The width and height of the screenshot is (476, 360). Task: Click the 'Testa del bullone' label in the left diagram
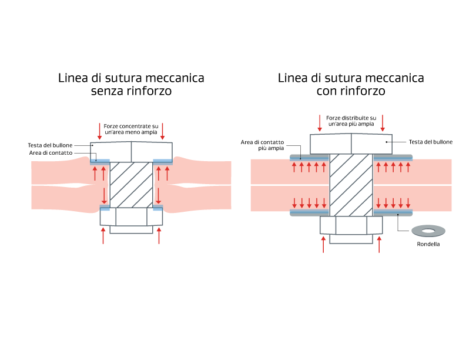[50, 145]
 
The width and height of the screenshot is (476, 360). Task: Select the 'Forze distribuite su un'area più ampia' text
[351, 121]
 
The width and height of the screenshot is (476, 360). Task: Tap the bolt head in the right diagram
[351, 143]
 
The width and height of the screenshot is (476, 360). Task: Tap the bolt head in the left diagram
[131, 152]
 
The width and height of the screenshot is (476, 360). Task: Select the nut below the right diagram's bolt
[351, 225]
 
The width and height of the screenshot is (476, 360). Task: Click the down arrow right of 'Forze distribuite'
[383, 122]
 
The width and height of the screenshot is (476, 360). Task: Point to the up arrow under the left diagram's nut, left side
[103, 235]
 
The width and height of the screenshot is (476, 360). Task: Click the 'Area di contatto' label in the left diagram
[51, 153]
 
